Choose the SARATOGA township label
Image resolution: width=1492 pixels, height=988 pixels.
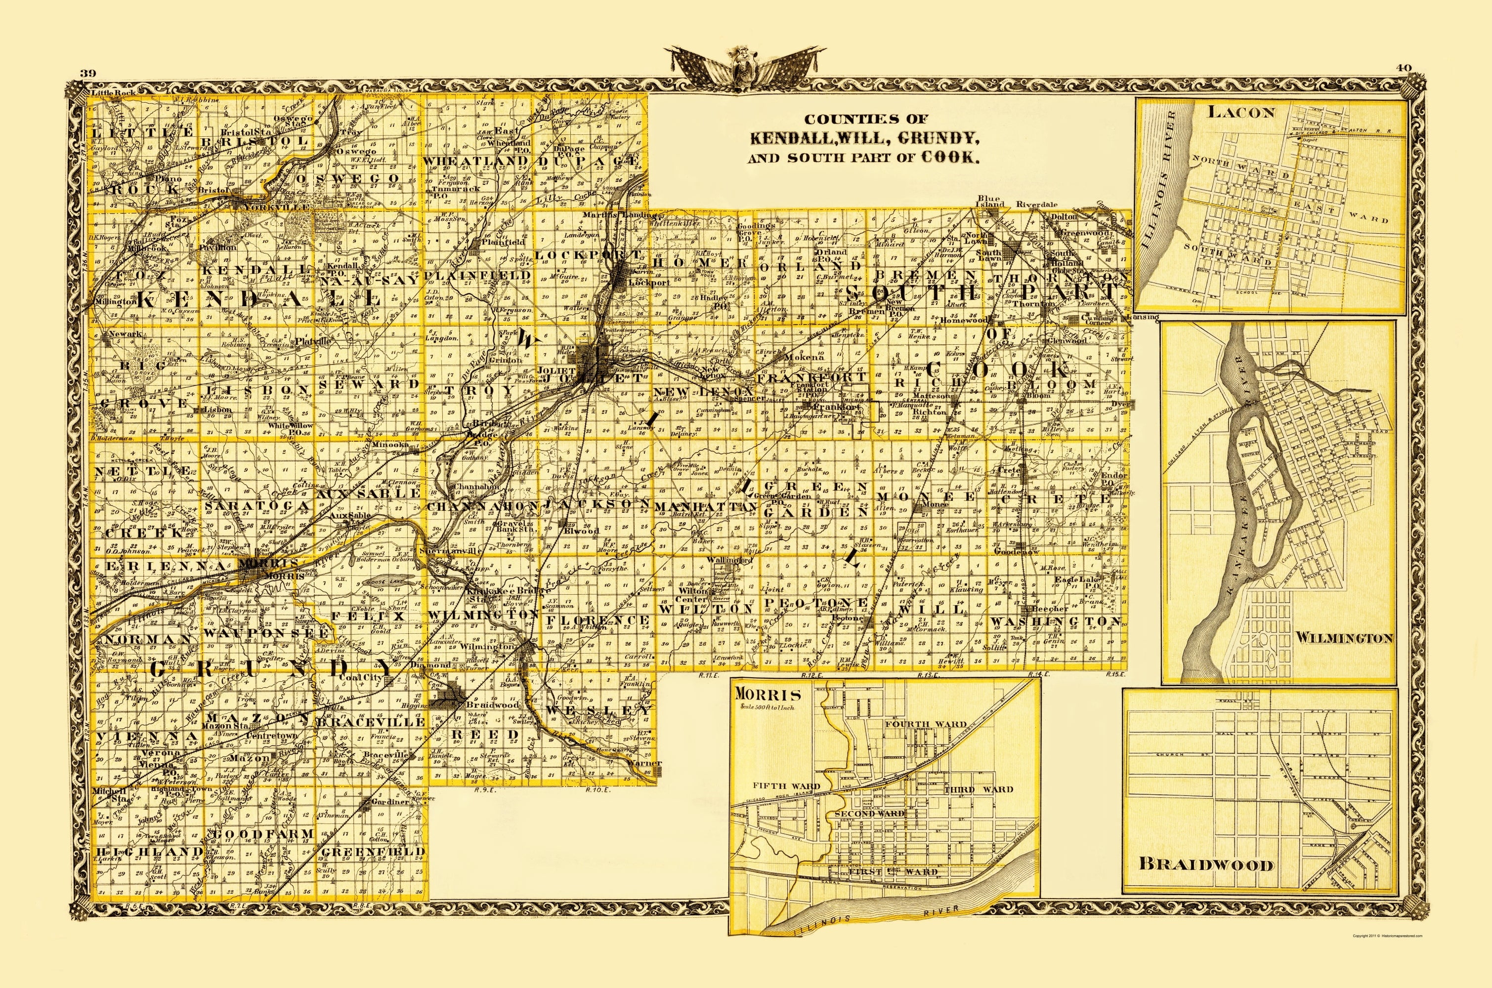(257, 506)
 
